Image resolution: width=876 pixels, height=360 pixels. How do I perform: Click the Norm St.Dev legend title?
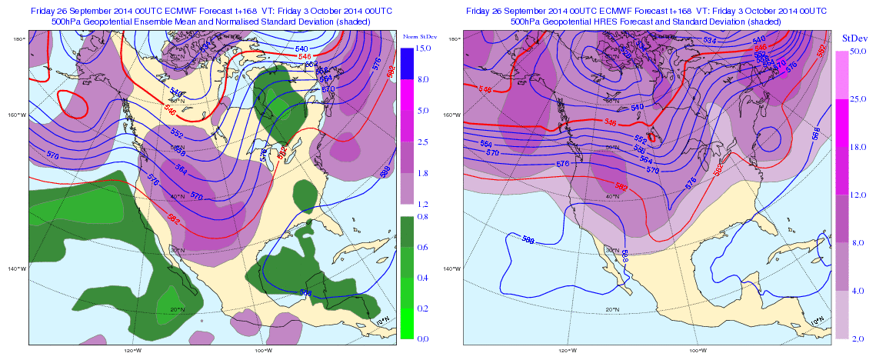pyautogui.click(x=415, y=37)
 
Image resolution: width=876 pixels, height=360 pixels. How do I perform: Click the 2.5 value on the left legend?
pyautogui.click(x=423, y=142)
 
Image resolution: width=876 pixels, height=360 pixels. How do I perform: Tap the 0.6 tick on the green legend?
pyautogui.click(x=423, y=247)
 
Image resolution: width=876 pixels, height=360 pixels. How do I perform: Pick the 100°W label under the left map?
pyautogui.click(x=262, y=350)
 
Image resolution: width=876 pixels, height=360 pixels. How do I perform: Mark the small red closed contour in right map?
pyautogui.click(x=652, y=138)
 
